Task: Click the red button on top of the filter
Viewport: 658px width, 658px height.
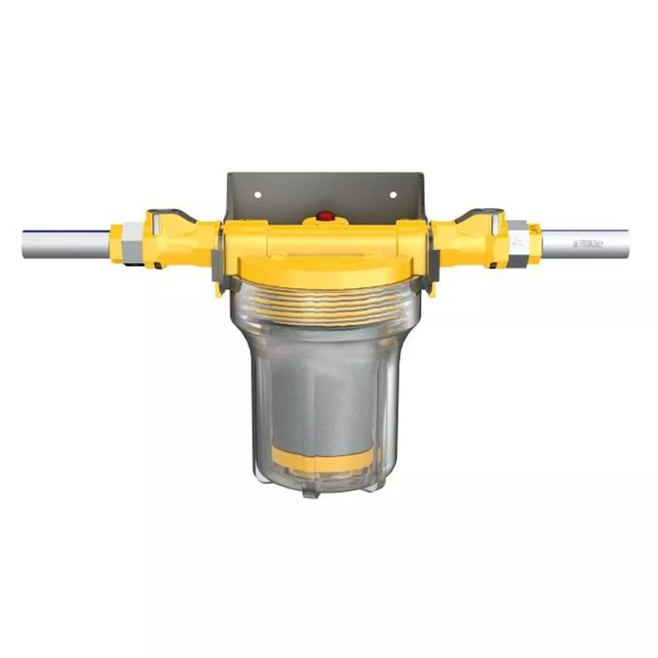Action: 324,215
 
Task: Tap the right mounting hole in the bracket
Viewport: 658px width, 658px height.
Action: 393,195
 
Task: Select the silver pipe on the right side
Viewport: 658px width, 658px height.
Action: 586,243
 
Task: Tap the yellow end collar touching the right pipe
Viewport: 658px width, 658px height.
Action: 534,243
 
